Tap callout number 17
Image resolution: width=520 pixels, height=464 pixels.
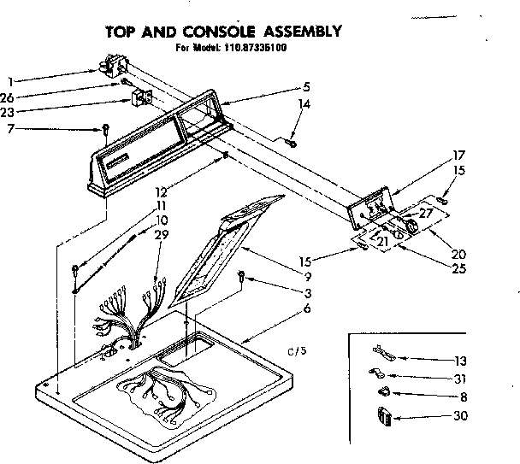tap(458, 155)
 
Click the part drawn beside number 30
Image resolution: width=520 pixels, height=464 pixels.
tap(382, 417)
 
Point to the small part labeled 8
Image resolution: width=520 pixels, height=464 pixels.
tap(382, 393)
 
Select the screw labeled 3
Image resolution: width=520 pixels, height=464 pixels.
tap(242, 276)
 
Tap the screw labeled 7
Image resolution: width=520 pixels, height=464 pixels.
tap(104, 130)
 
